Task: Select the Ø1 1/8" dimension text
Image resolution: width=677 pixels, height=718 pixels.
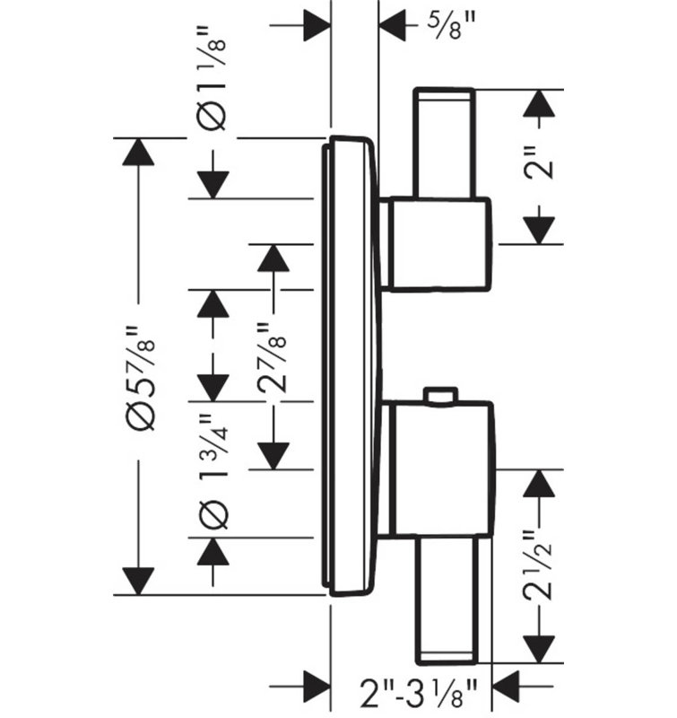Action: tap(213, 78)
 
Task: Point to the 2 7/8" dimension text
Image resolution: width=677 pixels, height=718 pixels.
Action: tap(272, 358)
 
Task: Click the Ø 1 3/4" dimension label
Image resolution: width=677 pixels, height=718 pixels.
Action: tap(213, 471)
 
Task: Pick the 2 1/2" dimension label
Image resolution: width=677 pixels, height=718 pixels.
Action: tap(538, 565)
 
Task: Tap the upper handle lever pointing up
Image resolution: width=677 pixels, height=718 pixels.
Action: tap(444, 143)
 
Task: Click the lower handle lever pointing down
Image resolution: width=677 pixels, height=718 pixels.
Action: tap(447, 599)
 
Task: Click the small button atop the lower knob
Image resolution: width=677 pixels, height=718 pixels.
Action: tap(440, 396)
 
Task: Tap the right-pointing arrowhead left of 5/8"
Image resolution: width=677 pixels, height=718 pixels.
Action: tap(317, 25)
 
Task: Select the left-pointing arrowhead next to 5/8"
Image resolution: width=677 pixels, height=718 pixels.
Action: tap(392, 25)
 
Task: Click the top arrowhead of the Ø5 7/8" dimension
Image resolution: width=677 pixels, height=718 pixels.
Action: tap(138, 152)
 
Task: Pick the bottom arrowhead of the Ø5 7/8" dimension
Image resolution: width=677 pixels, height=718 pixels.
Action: tap(138, 581)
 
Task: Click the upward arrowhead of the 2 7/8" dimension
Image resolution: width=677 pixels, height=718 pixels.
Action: tap(273, 258)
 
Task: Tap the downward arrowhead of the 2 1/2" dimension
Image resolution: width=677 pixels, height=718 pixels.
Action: tap(539, 649)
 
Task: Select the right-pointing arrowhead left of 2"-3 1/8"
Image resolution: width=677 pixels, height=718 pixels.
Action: tap(317, 686)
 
